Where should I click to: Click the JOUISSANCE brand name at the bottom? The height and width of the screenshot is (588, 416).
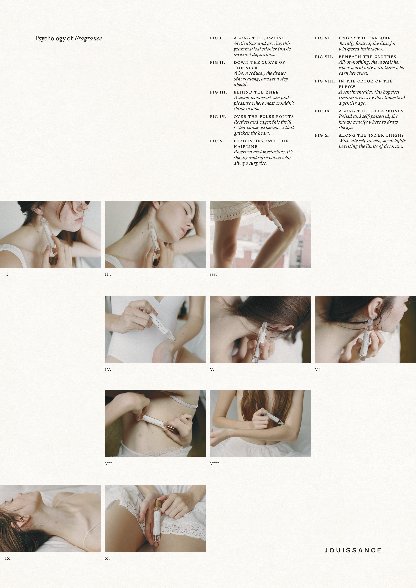coord(353,550)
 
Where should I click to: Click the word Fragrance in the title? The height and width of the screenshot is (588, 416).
coord(88,38)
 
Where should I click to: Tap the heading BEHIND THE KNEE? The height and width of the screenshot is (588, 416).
coord(256,92)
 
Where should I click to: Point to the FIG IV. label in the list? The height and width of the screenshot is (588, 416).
coord(218,116)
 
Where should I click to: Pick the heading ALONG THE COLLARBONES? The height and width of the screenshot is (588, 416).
coord(371,111)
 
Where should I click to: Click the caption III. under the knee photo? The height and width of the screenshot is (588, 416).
coord(214,275)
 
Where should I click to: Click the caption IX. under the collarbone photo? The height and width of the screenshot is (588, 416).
coord(8,558)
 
